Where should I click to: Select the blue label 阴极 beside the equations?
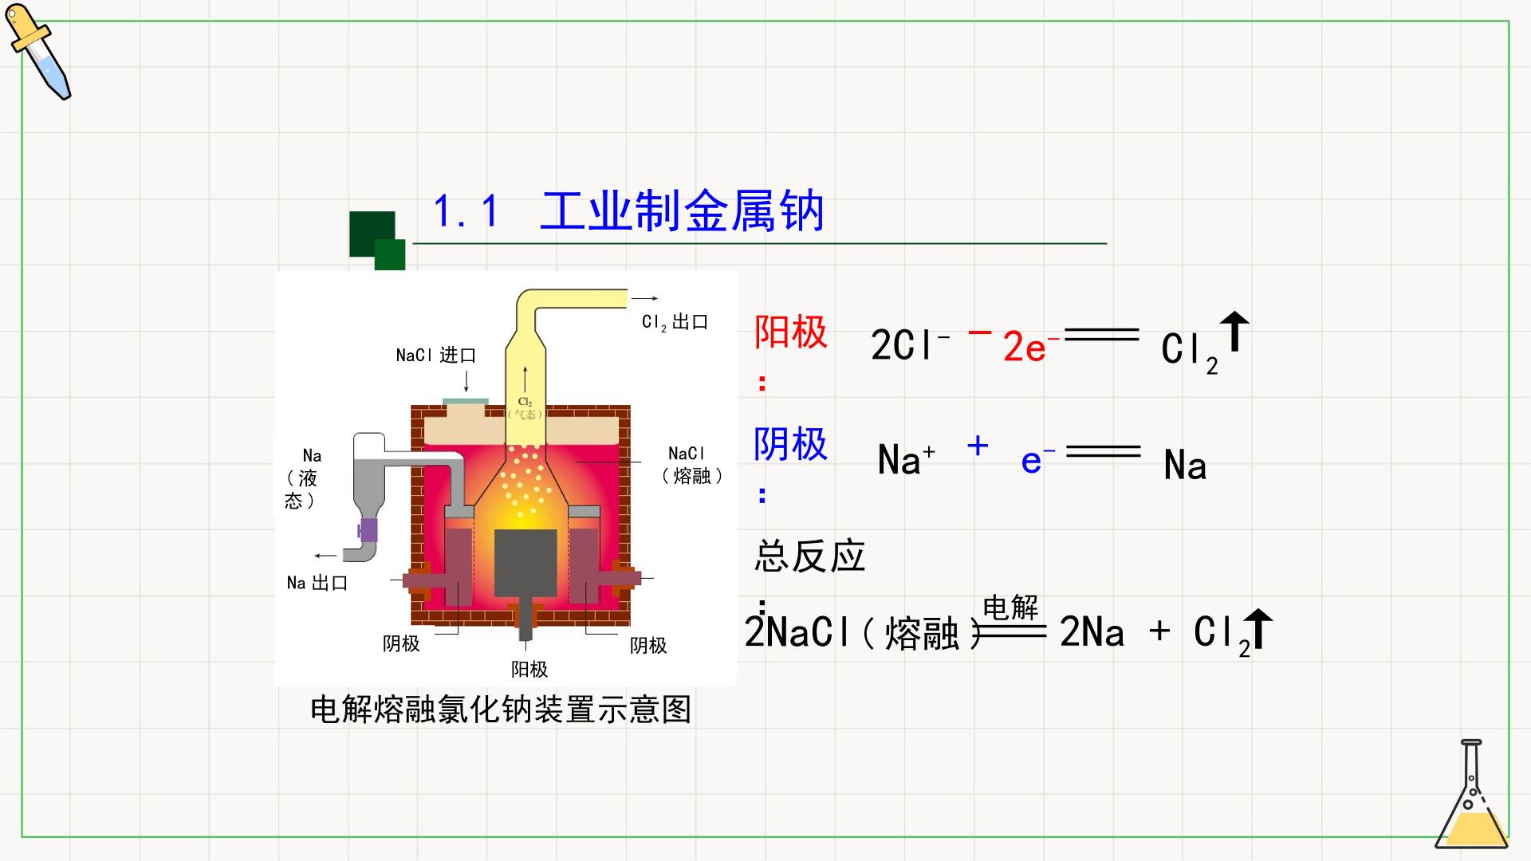[790, 443]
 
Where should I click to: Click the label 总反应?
[809, 556]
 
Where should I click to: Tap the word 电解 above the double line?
[1010, 607]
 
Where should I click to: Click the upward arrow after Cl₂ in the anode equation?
[1235, 331]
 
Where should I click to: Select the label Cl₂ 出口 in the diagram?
[675, 322]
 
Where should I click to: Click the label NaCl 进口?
[435, 355]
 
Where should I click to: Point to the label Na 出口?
[317, 583]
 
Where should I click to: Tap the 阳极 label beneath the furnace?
[529, 669]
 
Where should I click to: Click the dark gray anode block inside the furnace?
[525, 563]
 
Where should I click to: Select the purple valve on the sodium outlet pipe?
[368, 529]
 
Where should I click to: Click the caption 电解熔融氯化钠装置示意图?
[501, 709]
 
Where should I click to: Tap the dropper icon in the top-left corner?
[38, 52]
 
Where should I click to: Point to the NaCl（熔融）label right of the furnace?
[692, 465]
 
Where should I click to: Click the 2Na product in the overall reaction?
[1092, 633]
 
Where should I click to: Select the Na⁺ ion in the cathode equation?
[907, 460]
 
